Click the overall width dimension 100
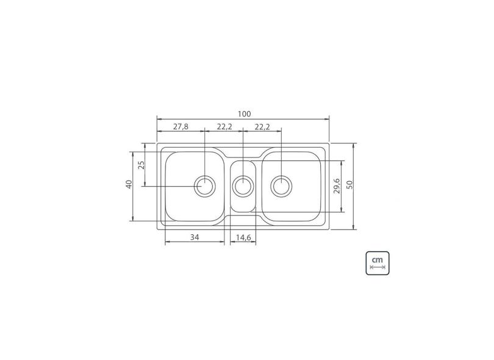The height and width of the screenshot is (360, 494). [244, 113]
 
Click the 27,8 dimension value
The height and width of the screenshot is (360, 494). [181, 127]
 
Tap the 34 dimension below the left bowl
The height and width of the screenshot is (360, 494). [195, 237]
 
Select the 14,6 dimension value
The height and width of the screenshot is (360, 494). [243, 237]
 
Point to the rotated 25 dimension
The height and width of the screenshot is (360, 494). [141, 165]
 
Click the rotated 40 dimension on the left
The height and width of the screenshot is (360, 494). [129, 184]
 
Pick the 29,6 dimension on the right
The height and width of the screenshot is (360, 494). [336, 185]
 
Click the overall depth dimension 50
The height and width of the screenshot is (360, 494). [349, 185]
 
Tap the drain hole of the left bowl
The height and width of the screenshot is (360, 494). [205, 185]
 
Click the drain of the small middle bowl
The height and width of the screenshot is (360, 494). [243, 185]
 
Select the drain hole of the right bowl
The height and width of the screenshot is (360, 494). [281, 185]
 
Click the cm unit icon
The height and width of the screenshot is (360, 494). [378, 263]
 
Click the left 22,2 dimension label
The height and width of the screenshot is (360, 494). [224, 127]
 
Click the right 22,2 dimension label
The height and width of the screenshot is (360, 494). [262, 127]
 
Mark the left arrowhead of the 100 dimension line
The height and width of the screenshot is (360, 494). [159, 119]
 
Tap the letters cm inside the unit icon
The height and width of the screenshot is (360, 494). [378, 259]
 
